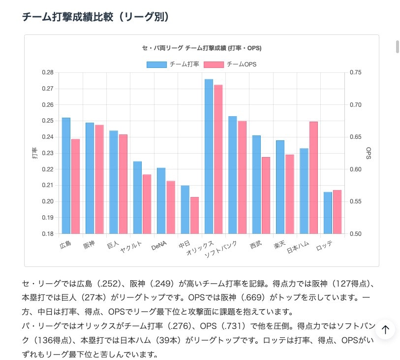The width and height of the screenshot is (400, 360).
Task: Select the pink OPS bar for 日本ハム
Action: tap(313, 177)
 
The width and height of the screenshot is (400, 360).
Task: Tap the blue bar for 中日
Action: tap(185, 209)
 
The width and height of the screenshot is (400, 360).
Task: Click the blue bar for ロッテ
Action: tap(328, 213)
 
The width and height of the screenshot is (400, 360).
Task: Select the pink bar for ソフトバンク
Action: tap(242, 177)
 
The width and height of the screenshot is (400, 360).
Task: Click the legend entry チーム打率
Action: tap(173, 64)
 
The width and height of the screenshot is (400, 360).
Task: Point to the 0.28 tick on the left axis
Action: tap(47, 72)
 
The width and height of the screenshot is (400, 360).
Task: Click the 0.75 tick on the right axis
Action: tap(355, 72)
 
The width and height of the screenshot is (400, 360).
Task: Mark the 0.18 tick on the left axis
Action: tap(47, 234)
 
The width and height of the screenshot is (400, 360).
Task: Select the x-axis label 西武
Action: tap(255, 244)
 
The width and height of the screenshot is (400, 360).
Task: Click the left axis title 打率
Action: tap(34, 153)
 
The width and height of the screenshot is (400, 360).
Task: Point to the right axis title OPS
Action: tap(369, 153)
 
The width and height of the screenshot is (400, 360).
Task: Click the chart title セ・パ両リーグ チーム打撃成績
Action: tap(201, 48)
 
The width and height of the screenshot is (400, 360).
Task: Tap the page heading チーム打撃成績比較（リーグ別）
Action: tap(96, 17)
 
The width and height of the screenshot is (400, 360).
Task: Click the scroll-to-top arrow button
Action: tap(385, 329)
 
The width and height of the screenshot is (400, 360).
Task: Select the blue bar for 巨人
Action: tap(114, 182)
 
